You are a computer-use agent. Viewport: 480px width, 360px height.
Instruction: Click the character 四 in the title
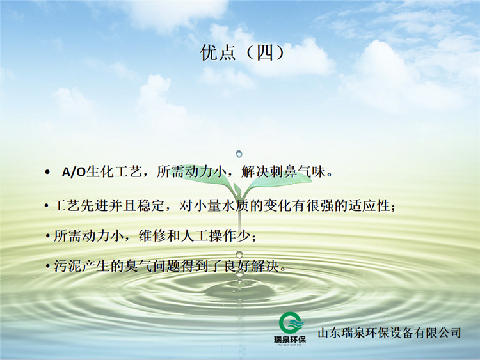(265, 52)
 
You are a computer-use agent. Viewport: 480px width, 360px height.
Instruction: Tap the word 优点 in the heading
(218, 52)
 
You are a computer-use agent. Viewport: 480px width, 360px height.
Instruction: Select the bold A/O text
(74, 172)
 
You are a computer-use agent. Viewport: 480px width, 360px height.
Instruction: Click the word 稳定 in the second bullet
(150, 205)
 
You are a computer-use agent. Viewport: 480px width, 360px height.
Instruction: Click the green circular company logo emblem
(291, 323)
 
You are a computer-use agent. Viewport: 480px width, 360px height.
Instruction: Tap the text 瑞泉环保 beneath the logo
(289, 340)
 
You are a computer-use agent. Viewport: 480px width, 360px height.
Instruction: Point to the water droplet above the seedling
(239, 153)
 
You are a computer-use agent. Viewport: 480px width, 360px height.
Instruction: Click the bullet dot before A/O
(47, 172)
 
